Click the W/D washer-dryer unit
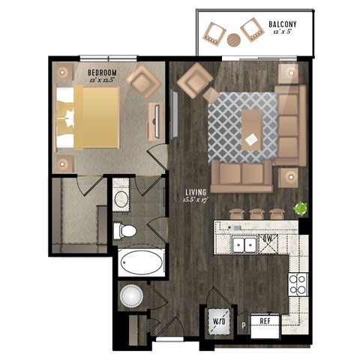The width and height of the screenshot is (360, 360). [218, 321]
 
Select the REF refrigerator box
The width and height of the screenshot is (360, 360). [265, 320]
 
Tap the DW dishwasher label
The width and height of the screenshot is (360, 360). [266, 241]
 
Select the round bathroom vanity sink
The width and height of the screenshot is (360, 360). [122, 199]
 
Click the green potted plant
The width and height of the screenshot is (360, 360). [300, 208]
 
